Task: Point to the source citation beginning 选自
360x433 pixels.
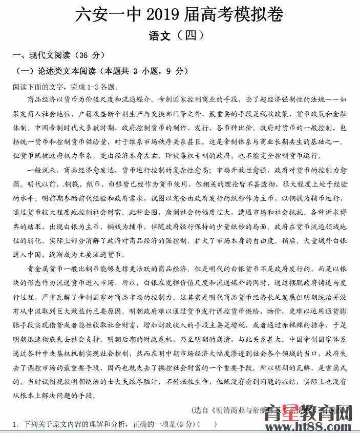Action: tap(241, 410)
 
